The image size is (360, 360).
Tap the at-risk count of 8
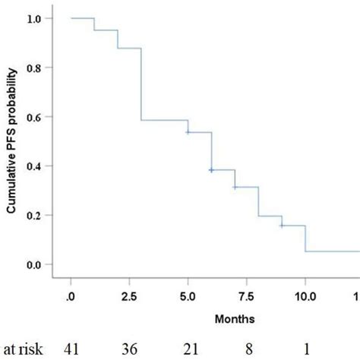248,348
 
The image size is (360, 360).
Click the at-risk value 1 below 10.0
306,348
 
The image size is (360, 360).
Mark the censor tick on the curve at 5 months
188,131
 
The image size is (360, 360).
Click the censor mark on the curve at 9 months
281,226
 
